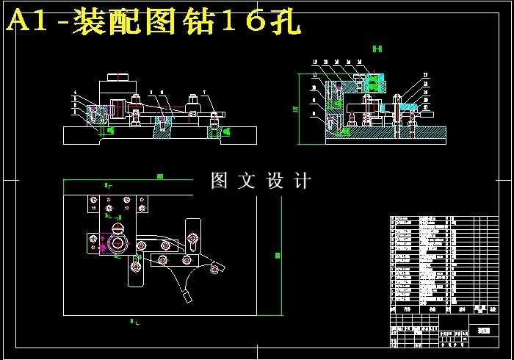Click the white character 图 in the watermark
[x=220, y=181]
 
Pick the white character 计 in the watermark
[x=301, y=181]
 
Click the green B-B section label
[x=377, y=48]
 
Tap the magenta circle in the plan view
[x=103, y=248]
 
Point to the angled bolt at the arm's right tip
[x=214, y=270]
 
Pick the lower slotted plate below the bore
[x=137, y=270]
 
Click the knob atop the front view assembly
[x=118, y=76]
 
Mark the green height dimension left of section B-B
[x=296, y=109]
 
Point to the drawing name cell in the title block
[x=482, y=331]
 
